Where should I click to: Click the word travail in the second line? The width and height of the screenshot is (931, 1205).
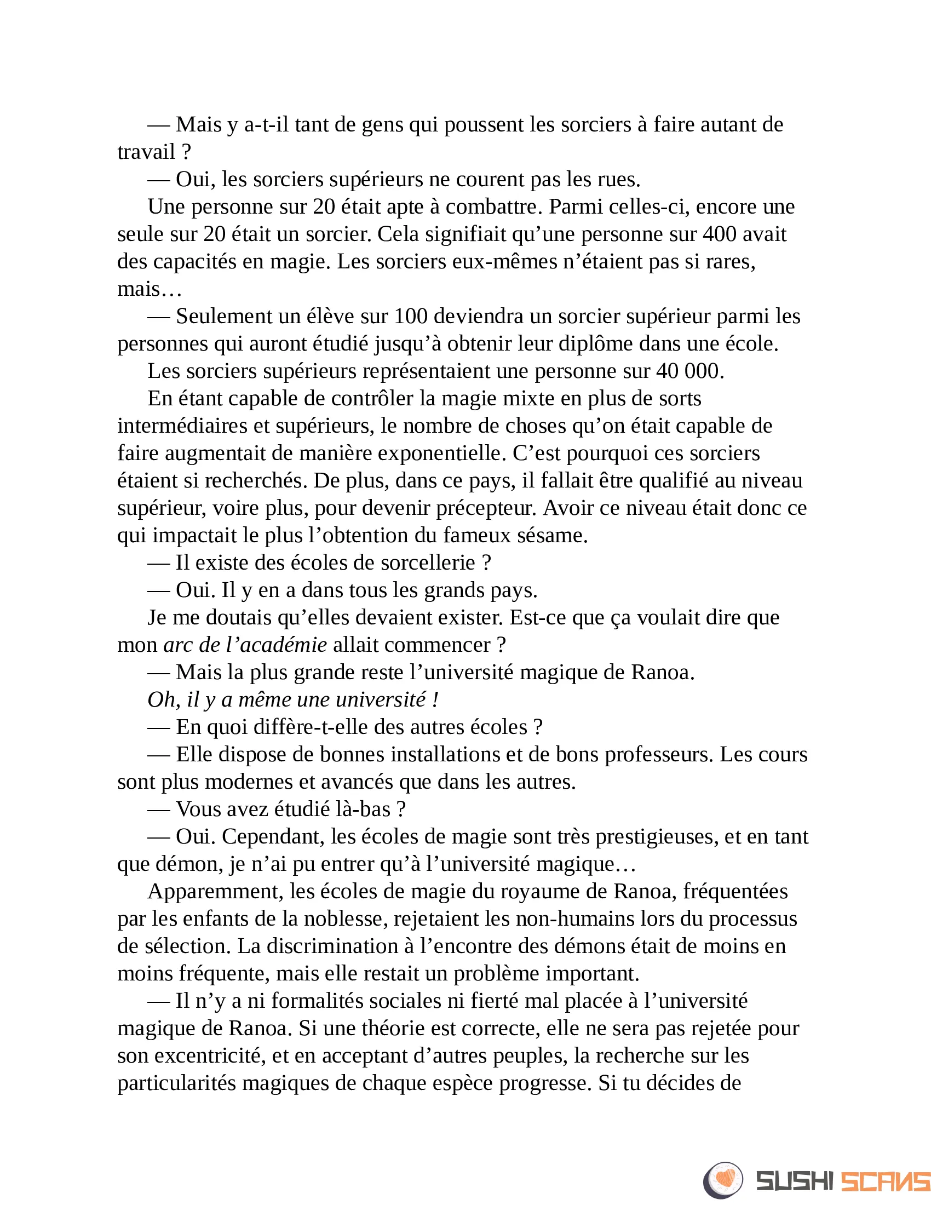146,152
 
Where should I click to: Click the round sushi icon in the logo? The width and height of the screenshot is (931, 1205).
723,1180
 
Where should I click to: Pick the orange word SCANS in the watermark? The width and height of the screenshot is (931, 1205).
884,1181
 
